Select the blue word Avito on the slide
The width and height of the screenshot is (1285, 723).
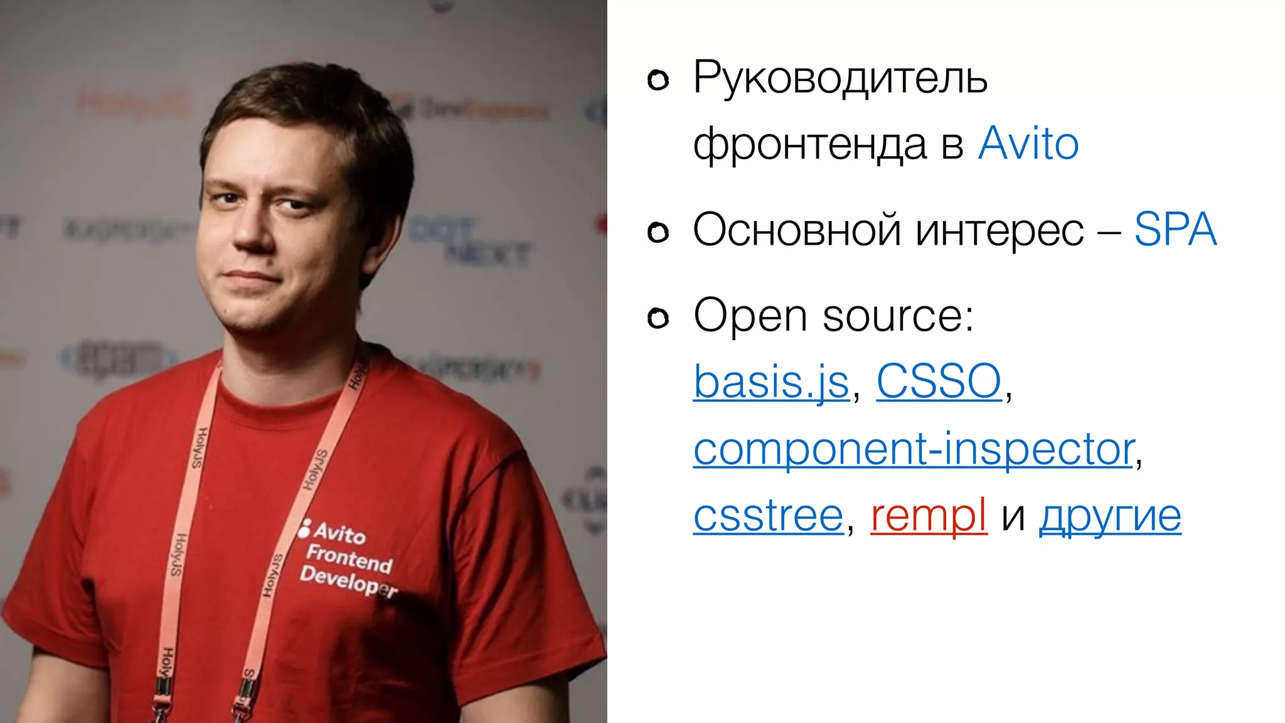1028,144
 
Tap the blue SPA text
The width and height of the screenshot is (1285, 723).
1175,230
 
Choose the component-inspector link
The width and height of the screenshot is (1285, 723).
914,449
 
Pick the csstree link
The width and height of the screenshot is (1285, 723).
768,516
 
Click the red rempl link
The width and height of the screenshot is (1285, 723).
929,516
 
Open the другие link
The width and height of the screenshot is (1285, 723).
1110,516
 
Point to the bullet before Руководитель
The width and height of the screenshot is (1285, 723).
658,80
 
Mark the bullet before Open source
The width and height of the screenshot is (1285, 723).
658,319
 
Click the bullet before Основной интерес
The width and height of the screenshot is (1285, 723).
658,233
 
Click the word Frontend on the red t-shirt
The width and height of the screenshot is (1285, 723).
349,558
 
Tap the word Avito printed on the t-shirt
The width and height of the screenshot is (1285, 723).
339,533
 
